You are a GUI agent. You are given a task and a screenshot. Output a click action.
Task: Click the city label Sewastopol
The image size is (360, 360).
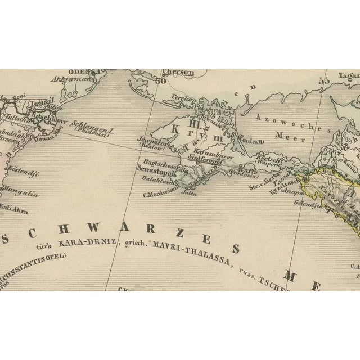click(153, 168)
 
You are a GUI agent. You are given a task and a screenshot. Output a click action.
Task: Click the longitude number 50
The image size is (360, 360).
click(163, 80)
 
